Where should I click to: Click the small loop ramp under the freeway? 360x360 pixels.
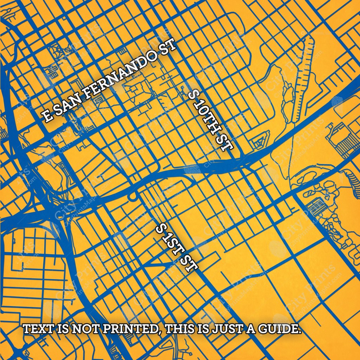(133, 197)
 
